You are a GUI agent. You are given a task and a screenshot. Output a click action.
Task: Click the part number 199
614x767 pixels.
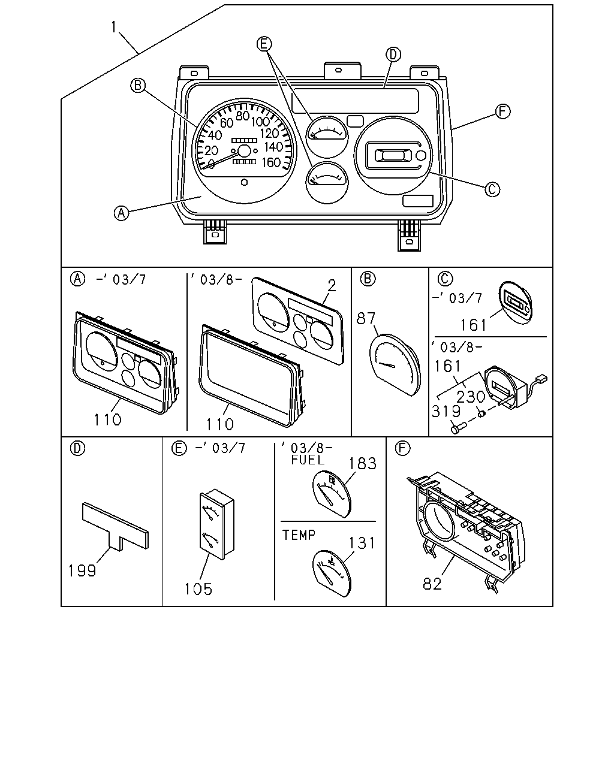pyautogui.click(x=82, y=570)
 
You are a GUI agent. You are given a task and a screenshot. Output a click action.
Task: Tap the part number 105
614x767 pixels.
pyautogui.click(x=198, y=589)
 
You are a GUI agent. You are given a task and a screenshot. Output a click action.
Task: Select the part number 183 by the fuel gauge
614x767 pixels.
pyautogui.click(x=362, y=463)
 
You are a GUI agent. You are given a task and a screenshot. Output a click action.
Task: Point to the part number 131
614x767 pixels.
pyautogui.click(x=362, y=543)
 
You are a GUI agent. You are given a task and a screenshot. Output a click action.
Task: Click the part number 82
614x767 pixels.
pyautogui.click(x=432, y=584)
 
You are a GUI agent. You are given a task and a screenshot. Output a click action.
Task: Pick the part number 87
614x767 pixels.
pyautogui.click(x=366, y=318)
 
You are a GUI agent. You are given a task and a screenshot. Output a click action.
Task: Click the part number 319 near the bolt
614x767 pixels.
pyautogui.click(x=446, y=411)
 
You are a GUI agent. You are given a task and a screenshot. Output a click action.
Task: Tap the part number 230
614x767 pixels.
pyautogui.click(x=471, y=397)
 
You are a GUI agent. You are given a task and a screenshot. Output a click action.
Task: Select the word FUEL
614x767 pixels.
pyautogui.click(x=308, y=460)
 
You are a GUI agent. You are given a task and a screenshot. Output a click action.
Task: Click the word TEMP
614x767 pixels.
pyautogui.click(x=299, y=535)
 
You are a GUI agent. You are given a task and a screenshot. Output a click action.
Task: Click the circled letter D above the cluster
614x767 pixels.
pyautogui.click(x=393, y=55)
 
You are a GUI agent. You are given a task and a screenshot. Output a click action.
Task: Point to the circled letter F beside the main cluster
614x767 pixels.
pyautogui.click(x=502, y=111)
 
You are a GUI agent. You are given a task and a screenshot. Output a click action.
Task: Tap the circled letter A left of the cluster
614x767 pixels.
pyautogui.click(x=121, y=213)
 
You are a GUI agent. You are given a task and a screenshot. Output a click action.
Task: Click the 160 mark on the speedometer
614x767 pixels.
pyautogui.click(x=271, y=162)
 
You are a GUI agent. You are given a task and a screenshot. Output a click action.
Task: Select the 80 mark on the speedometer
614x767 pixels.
pyautogui.click(x=243, y=116)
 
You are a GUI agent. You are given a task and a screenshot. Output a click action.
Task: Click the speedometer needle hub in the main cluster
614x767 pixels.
pyautogui.click(x=245, y=151)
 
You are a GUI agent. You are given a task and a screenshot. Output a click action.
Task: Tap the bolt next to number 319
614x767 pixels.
pyautogui.click(x=459, y=427)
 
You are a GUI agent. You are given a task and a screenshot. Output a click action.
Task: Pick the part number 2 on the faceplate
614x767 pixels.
pyautogui.click(x=332, y=285)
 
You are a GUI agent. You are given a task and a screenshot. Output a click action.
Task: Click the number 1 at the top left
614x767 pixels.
pyautogui.click(x=114, y=27)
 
